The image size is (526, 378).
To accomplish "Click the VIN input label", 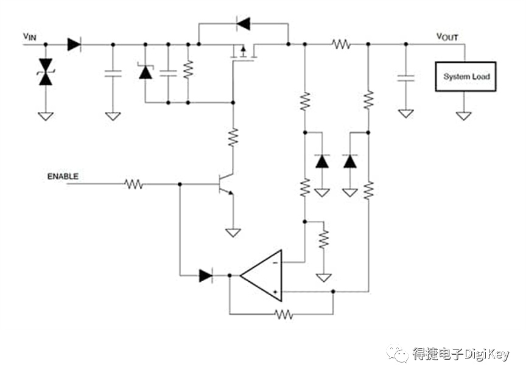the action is pyautogui.click(x=29, y=37).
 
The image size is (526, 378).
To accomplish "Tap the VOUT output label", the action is pyautogui.click(x=447, y=37).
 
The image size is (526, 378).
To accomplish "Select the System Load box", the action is pyautogui.click(x=466, y=77).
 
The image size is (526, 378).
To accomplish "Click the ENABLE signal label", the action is pyautogui.click(x=63, y=177).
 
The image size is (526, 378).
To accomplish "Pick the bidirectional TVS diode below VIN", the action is pyautogui.click(x=46, y=72).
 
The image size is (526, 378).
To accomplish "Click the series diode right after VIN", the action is pyautogui.click(x=74, y=44).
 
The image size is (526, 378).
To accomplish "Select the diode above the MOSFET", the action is pyautogui.click(x=243, y=24).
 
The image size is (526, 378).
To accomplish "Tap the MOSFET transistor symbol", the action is pyautogui.click(x=244, y=52).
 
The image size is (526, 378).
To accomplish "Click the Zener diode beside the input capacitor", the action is pyautogui.click(x=146, y=71).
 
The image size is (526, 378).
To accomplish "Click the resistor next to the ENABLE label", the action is pyautogui.click(x=133, y=184).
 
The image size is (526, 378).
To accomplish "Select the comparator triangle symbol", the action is pyautogui.click(x=261, y=276).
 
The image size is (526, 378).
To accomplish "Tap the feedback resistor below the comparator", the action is pyautogui.click(x=284, y=314).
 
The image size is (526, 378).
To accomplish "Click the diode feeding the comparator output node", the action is pyautogui.click(x=206, y=276).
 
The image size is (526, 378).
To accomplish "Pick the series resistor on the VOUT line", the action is pyautogui.click(x=342, y=44).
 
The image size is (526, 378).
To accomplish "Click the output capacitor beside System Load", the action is pyautogui.click(x=406, y=78).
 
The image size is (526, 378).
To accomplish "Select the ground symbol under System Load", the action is pyautogui.click(x=464, y=116).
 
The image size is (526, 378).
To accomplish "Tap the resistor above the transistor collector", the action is pyautogui.click(x=233, y=137).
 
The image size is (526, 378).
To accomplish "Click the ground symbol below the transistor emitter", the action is pyautogui.click(x=233, y=233).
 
